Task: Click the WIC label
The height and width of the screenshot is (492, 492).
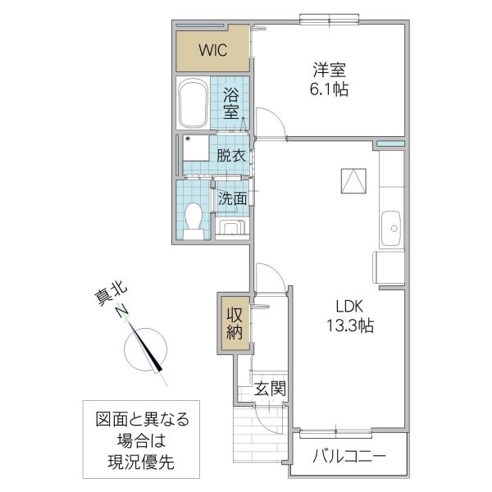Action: pos(212,49)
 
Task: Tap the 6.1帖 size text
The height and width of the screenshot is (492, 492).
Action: pos(330,89)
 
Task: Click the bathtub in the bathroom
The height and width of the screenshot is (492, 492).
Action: pos(193,103)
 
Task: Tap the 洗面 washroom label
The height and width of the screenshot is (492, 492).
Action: pos(233,198)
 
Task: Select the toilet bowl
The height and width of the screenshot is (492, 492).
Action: pos(194,219)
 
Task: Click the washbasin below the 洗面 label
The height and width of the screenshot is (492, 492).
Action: pos(231,227)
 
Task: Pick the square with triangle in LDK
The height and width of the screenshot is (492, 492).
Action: pos(353,179)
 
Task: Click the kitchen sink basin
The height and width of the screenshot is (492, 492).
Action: pos(391,223)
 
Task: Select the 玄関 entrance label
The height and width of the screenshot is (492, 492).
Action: pos(269,388)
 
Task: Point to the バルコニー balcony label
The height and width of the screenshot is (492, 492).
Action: pos(348,456)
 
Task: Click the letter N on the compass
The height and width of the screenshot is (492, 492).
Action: pos(121,312)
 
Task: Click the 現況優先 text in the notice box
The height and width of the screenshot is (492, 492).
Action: pos(140,463)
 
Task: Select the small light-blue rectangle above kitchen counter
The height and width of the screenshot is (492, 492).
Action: pos(391,145)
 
